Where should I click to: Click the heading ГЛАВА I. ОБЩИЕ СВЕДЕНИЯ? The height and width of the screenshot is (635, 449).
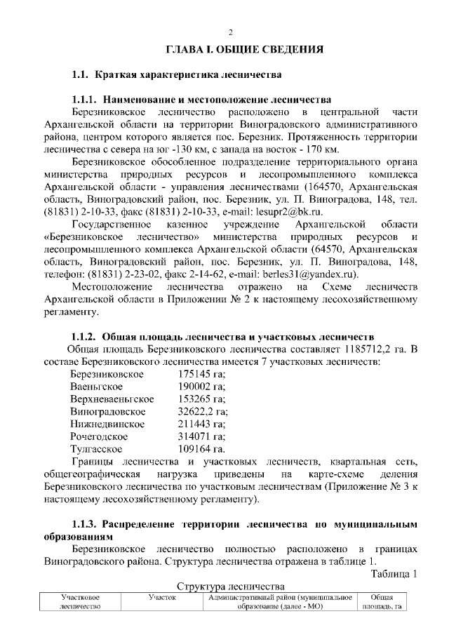pos(244,50)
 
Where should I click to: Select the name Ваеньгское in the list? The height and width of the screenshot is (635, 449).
pos(97,387)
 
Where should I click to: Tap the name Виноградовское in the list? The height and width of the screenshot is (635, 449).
pos(108,412)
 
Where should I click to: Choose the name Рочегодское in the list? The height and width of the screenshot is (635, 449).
pos(100,436)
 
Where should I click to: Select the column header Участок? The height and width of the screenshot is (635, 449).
pos(162,597)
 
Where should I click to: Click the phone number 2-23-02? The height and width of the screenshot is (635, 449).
pos(165,274)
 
